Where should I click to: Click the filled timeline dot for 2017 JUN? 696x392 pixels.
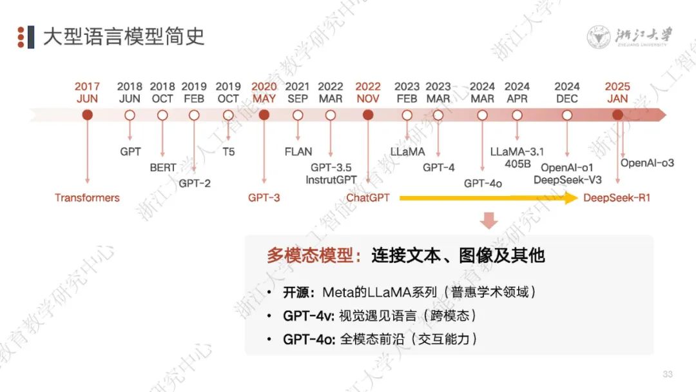coord(88,115)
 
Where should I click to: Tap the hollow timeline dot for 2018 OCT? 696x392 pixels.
coord(162,115)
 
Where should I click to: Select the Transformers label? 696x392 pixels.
coord(87,198)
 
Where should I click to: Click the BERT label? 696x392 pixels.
coord(163,168)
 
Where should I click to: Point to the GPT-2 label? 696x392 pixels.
coord(195,183)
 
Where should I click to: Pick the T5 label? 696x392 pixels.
coord(228,152)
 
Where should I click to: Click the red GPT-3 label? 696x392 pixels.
coord(264,198)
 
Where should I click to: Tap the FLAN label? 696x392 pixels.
coord(298,152)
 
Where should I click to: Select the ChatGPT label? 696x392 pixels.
coord(368,198)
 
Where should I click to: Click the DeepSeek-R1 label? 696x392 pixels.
coord(617,198)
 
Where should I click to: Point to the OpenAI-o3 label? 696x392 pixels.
coord(647,163)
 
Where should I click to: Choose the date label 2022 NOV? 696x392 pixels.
coord(368,93)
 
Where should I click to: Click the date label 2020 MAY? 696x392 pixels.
coord(264,93)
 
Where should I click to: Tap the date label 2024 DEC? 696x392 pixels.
coord(567,93)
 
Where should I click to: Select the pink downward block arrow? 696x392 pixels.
coord(489,220)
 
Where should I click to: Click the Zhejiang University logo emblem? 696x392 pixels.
coord(599,37)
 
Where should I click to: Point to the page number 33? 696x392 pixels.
coord(668,375)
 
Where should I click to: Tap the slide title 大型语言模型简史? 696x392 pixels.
coord(124,37)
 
